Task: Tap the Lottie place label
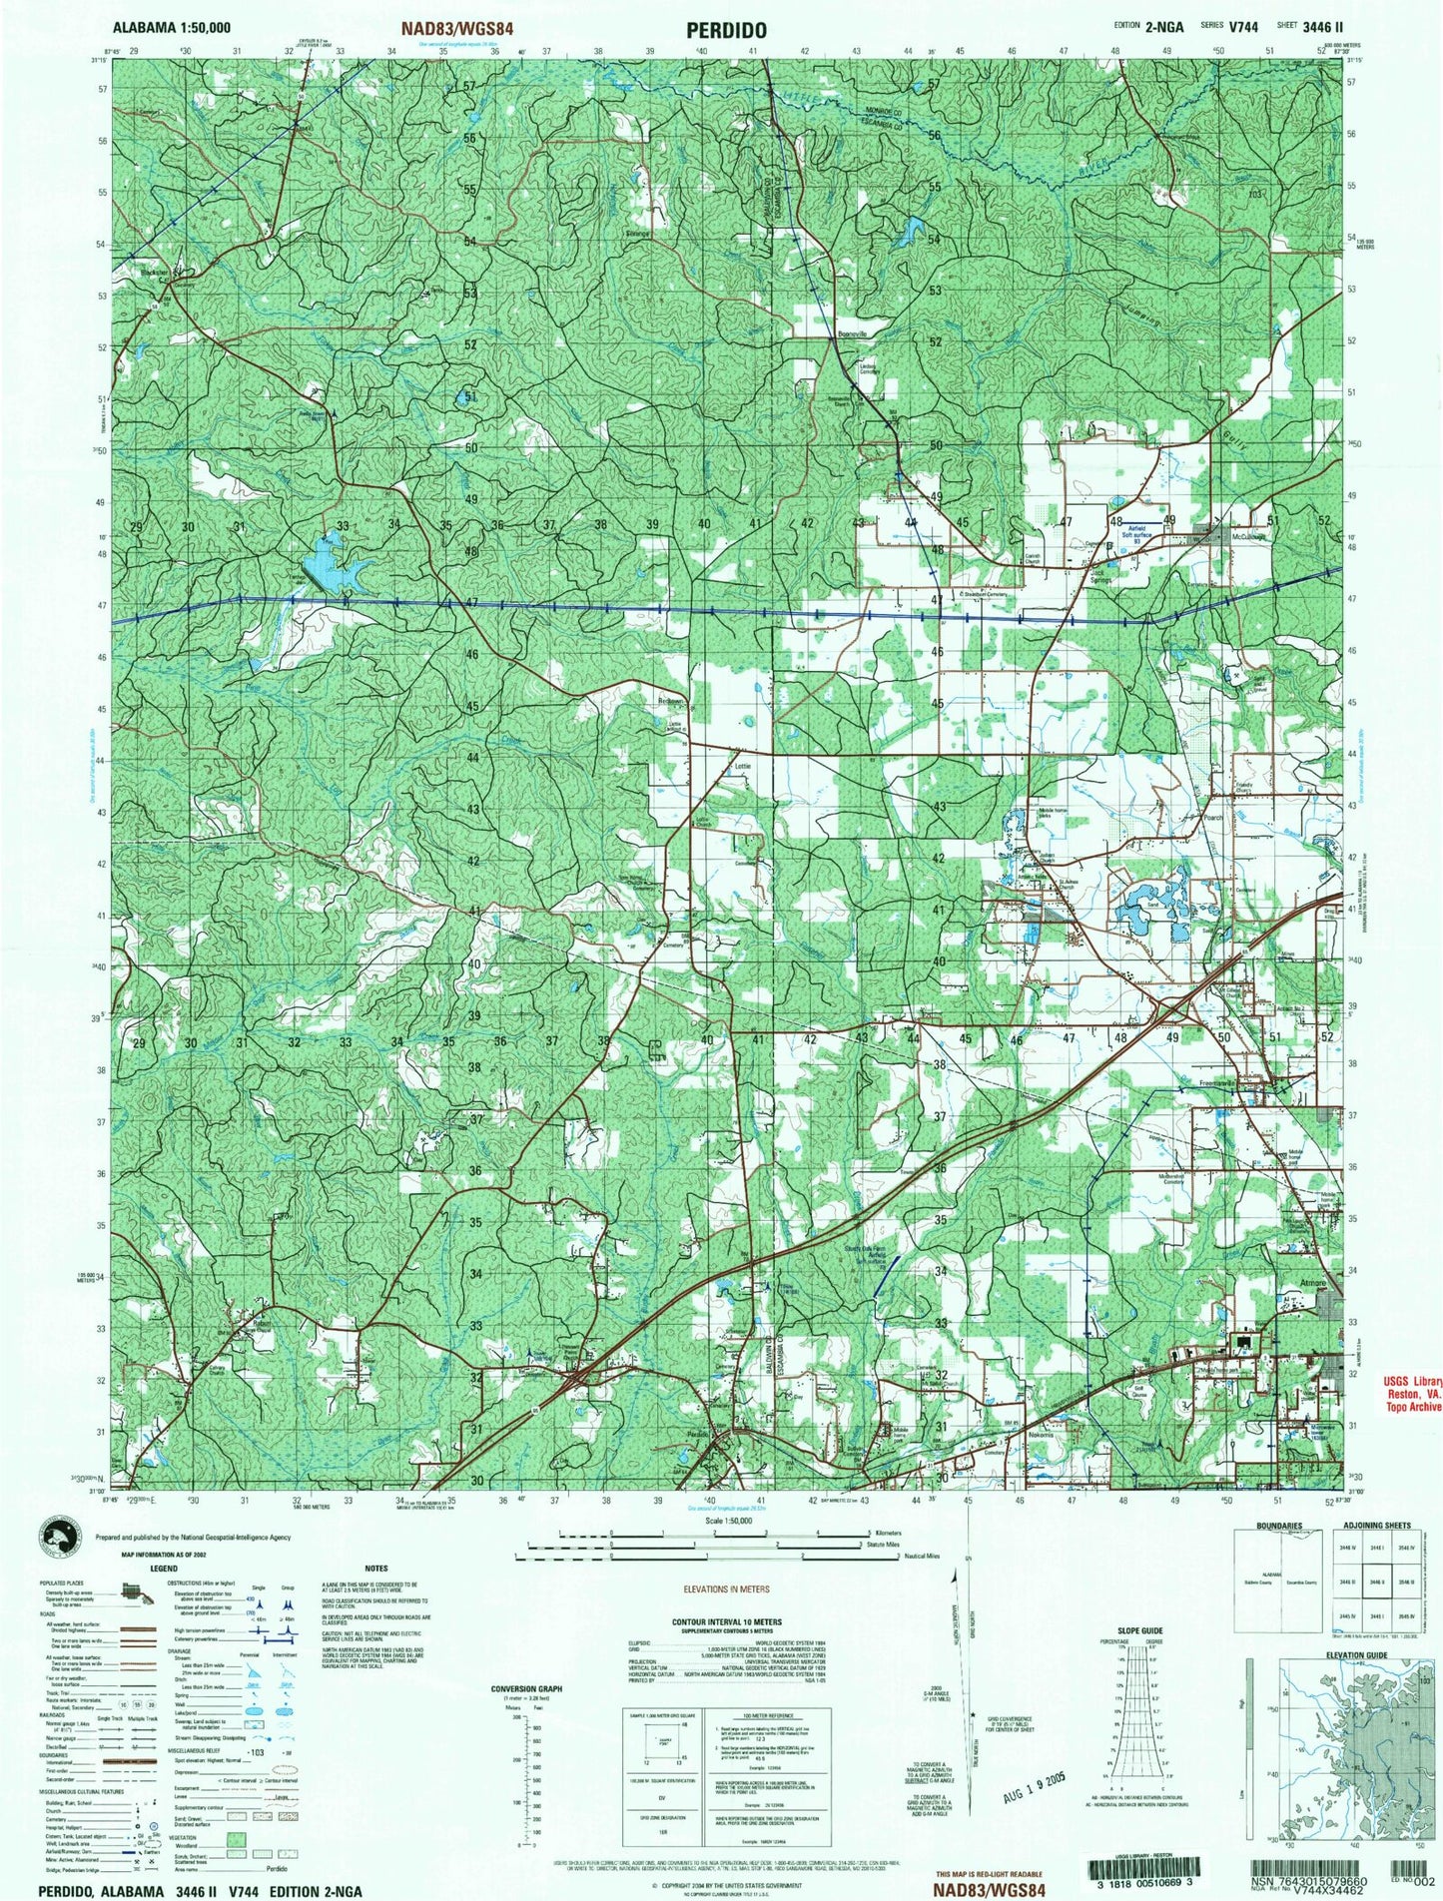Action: coord(741,767)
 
